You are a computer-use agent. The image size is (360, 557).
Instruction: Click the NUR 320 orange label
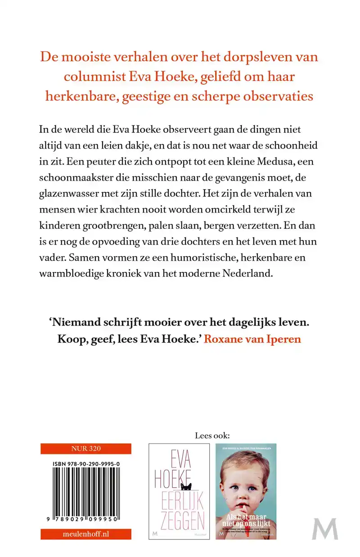point(85,448)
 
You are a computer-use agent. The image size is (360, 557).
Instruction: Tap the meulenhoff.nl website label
point(85,534)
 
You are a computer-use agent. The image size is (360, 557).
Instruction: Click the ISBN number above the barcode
point(85,462)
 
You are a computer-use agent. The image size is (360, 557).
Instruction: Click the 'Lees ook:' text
point(212,436)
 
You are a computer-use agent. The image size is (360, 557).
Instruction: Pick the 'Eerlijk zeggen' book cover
point(179,491)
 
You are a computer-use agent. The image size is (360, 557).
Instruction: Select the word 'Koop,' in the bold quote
point(71,339)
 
